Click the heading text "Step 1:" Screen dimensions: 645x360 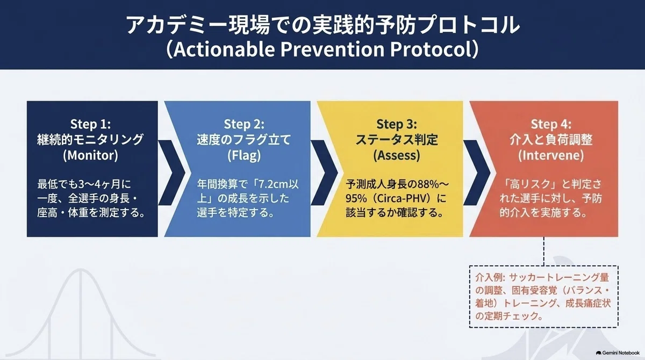tap(90, 124)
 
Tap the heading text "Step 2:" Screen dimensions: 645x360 tap(244, 124)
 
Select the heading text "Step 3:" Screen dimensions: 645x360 tap(397, 124)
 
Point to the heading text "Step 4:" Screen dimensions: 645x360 tap(551, 124)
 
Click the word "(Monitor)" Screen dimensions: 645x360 tap(90, 155)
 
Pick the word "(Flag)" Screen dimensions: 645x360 tap(244, 155)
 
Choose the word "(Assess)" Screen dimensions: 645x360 tap(397, 155)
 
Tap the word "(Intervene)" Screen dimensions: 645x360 tap(551, 155)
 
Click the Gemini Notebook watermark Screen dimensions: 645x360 tap(618, 353)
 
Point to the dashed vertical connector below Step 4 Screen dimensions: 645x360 tap(543, 251)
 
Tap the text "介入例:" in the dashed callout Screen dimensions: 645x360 tap(490, 277)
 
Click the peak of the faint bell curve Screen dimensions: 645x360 tap(80, 269)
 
